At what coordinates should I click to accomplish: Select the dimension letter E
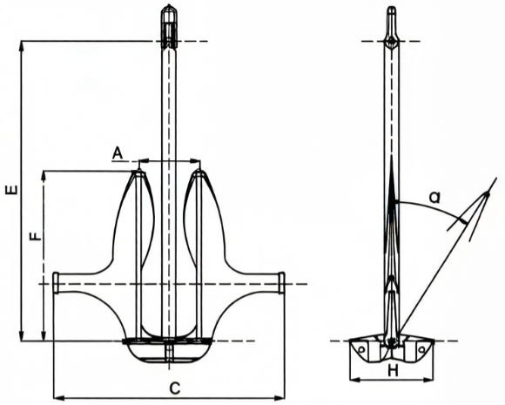tap(10, 190)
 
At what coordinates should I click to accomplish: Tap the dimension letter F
tap(34, 238)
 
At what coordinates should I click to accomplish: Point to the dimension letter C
tap(174, 388)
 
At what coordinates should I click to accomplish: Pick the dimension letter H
tap(392, 370)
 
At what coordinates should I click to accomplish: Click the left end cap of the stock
tap(57, 283)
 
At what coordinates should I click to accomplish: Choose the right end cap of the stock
tap(281, 283)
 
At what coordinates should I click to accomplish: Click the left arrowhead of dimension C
tap(57, 397)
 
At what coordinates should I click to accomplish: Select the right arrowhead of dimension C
tap(281, 397)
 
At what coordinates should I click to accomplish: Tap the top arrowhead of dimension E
tap(19, 44)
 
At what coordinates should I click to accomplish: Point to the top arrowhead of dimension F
tap(43, 175)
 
